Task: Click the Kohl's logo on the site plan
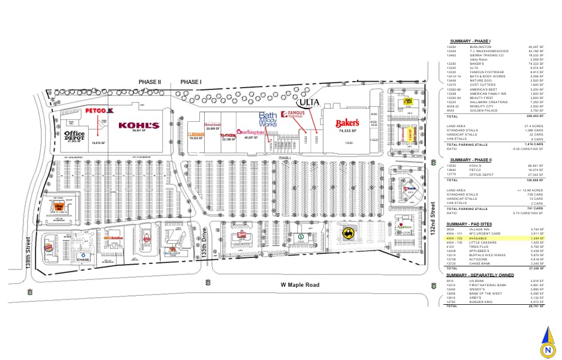(x=139, y=125)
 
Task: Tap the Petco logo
(x=100, y=111)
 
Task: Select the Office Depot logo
(x=74, y=135)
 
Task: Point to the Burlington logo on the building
(x=250, y=132)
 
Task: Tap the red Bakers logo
(x=348, y=124)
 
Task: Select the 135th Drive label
(x=204, y=242)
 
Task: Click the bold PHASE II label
(x=150, y=82)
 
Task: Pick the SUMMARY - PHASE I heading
(x=471, y=41)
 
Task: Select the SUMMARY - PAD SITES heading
(x=470, y=224)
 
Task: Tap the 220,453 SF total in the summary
(x=535, y=116)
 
